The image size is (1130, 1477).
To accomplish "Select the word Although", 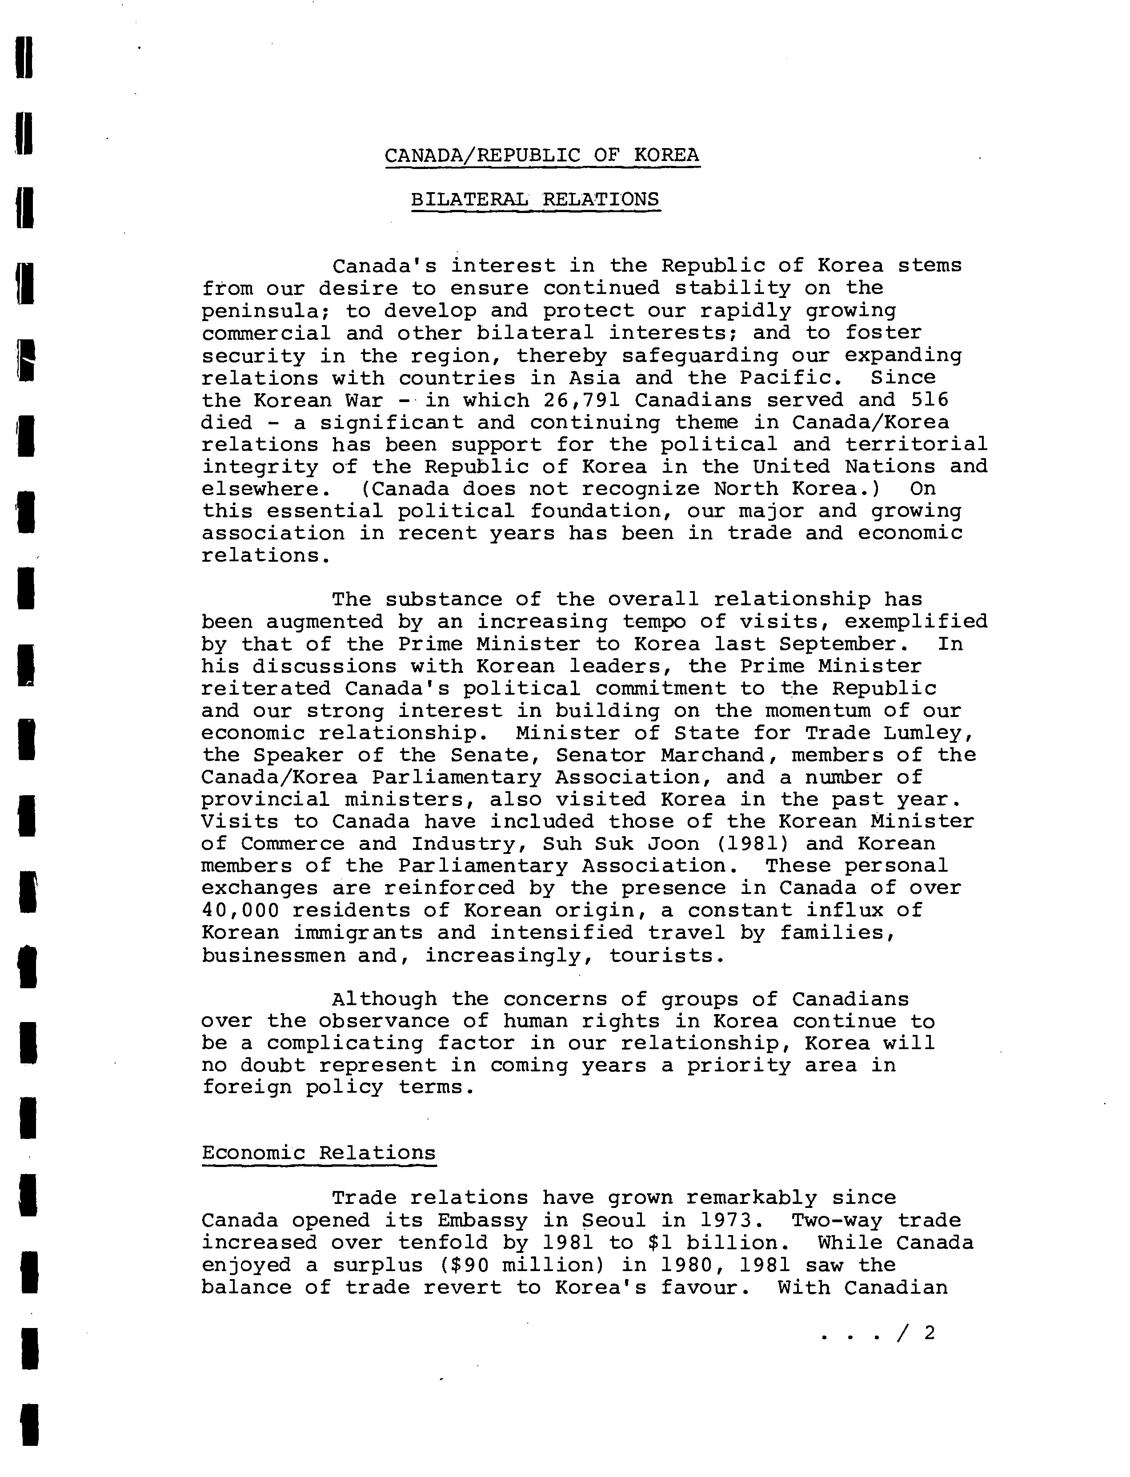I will tap(384, 999).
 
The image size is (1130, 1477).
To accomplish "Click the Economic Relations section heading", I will tap(319, 1153).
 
